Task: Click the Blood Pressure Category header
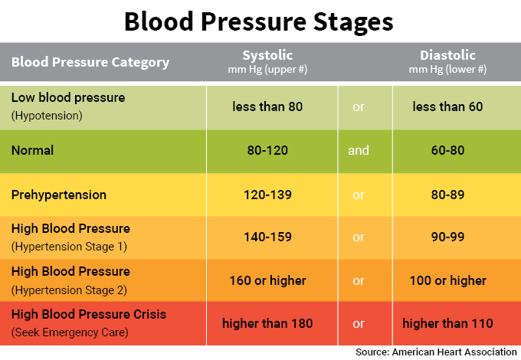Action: (90, 62)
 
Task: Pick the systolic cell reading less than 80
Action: (267, 106)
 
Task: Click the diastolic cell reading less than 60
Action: (447, 106)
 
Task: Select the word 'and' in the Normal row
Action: (359, 150)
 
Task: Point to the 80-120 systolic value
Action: (267, 150)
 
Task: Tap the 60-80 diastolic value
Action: (447, 150)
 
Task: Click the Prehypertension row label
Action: (58, 195)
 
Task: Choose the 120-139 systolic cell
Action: (267, 195)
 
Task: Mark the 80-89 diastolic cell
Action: (447, 195)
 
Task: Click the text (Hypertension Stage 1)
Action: (69, 246)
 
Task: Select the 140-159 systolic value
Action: (267, 237)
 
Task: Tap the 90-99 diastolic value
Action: (447, 237)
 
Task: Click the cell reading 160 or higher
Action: (267, 280)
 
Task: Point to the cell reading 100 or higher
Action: (447, 280)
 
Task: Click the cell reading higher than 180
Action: (267, 323)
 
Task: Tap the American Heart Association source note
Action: (436, 352)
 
